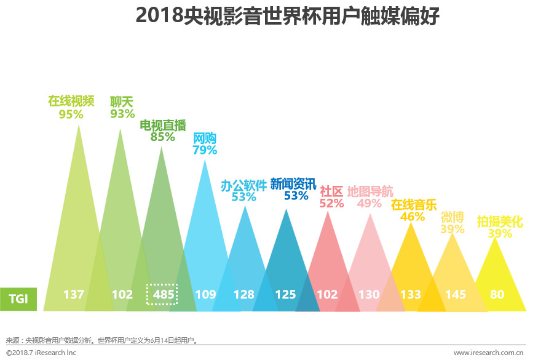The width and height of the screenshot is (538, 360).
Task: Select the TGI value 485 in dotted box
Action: click(163, 295)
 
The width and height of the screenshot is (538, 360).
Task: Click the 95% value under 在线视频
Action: click(71, 114)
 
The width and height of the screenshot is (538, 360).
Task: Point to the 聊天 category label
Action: click(122, 101)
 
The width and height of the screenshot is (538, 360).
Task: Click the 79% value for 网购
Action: click(205, 150)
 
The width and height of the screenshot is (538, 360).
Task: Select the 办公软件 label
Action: click(244, 185)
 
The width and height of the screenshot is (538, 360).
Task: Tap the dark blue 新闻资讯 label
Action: click(293, 183)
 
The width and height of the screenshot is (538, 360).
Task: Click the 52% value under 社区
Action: click(331, 203)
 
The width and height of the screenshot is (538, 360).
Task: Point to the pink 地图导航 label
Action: click(370, 191)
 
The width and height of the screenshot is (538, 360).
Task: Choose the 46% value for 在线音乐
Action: click(412, 217)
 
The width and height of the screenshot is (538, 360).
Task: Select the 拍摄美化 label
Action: click(500, 222)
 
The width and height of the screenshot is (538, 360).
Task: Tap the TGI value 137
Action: click(73, 295)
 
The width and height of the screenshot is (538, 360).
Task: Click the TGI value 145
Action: click(456, 295)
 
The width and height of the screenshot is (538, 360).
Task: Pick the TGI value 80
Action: click(497, 295)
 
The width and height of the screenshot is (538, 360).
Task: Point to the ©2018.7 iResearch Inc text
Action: click(41, 353)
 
